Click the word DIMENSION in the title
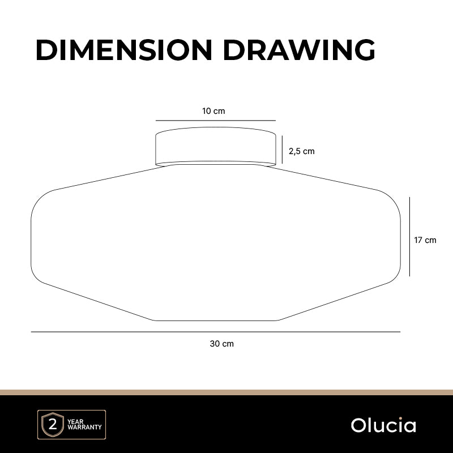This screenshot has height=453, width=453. coord(124,50)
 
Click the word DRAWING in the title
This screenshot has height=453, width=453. coord(300,50)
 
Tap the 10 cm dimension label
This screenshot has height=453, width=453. coord(213,111)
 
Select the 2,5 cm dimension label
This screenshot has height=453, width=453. coord(302,151)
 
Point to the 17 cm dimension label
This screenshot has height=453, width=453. coord(425,240)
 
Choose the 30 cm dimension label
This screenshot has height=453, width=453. coord(221,344)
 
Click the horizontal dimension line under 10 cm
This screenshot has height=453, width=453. coord(216,121)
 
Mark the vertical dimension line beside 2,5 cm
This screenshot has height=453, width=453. coord(282,149)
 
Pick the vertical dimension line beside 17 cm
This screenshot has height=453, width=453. coord(409,237)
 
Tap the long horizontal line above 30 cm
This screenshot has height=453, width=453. coord(216,332)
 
